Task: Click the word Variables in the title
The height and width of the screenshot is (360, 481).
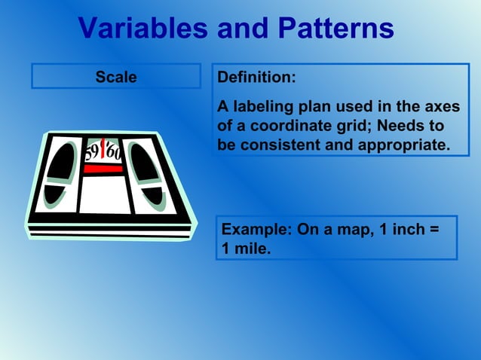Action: pos(143,29)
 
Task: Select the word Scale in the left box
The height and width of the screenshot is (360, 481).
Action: pos(116,77)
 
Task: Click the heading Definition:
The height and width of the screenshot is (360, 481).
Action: pos(256,78)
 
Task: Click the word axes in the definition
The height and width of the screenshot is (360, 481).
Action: pos(441,107)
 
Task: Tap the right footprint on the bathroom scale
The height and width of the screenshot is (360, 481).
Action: pos(146,173)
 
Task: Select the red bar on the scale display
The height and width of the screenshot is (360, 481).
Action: pos(103,169)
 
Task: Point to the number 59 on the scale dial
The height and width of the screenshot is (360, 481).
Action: pos(90,153)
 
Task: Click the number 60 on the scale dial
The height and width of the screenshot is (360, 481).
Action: pos(114,152)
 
